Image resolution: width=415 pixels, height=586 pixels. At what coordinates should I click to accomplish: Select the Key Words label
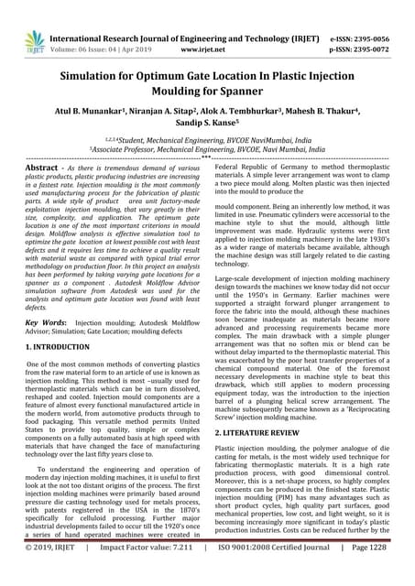coord(45,323)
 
